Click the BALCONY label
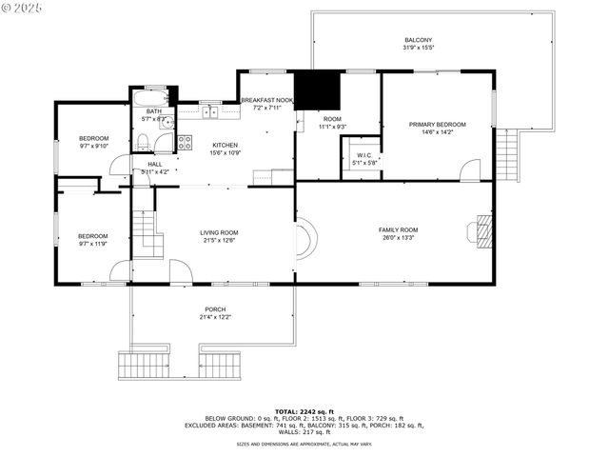tap(418, 40)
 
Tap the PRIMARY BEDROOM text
tap(438, 124)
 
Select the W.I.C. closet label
tap(365, 155)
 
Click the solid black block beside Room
tap(317, 90)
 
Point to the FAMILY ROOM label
tap(398, 229)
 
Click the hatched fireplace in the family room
tap(484, 230)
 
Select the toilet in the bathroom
tap(142, 143)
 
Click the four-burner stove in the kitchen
tap(185, 143)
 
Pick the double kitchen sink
tap(210, 112)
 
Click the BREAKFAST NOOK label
tap(266, 100)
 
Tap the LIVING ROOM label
tap(219, 232)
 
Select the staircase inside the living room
tap(143, 230)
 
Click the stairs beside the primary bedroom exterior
tap(512, 155)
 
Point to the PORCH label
tap(215, 309)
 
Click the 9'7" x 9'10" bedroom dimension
tap(93, 147)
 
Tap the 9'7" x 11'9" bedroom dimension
tap(93, 244)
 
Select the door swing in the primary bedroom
tap(469, 171)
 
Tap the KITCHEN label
tap(225, 145)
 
